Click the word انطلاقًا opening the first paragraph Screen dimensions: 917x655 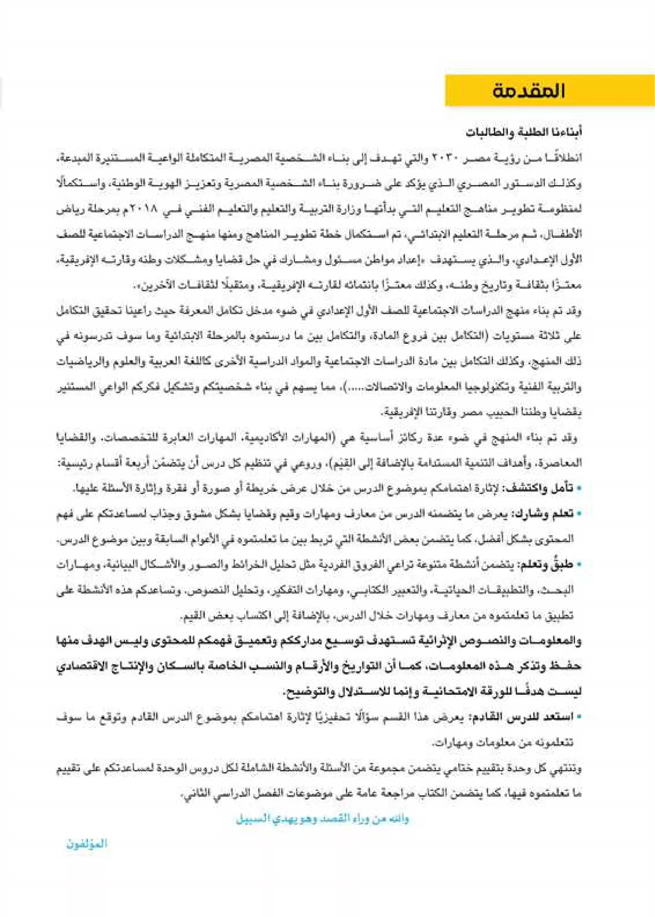pyautogui.click(x=565, y=158)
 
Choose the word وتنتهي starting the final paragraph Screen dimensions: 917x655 pyautogui.click(x=569, y=769)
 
